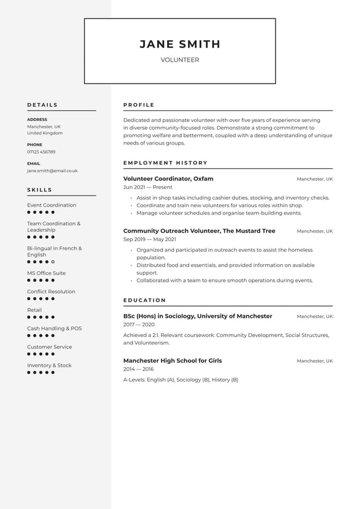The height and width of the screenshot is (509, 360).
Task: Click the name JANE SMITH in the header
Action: tap(179, 44)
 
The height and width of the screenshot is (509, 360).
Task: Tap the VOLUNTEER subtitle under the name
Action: tap(179, 60)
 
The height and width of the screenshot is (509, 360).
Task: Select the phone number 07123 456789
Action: tap(41, 152)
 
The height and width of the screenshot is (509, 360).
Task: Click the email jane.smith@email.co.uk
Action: tap(52, 171)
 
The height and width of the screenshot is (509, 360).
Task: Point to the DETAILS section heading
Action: tap(42, 105)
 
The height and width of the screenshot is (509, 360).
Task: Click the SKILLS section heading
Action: tap(39, 190)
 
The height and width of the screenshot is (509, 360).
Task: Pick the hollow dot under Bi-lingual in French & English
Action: tap(53, 262)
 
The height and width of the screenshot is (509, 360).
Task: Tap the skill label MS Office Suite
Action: tap(46, 273)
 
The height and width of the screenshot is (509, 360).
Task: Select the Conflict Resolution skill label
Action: tap(51, 291)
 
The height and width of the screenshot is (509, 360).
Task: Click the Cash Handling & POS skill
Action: tap(54, 328)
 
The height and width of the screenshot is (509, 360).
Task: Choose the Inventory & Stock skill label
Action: tap(49, 365)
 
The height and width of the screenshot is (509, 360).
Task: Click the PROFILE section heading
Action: tap(139, 105)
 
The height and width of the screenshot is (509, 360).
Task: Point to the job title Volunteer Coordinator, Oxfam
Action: tap(168, 179)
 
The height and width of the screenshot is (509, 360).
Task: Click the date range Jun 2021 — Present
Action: tap(148, 187)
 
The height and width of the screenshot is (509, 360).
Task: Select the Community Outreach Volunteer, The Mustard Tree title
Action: tap(199, 231)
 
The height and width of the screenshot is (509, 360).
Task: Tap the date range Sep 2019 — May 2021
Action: tap(150, 239)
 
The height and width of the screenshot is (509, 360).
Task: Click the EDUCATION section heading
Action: tap(144, 300)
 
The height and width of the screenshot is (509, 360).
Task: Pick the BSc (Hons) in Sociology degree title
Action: tap(197, 316)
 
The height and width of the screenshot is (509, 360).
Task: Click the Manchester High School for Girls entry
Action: tap(172, 360)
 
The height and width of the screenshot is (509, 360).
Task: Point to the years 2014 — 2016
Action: tap(139, 368)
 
